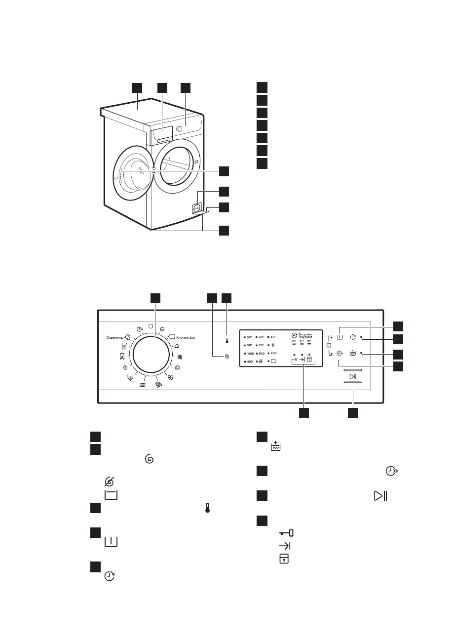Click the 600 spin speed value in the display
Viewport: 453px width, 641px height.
click(273, 354)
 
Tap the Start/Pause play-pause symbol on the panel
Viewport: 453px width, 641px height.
click(352, 377)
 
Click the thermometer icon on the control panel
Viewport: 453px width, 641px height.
click(227, 341)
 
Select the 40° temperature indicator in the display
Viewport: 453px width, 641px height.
click(273, 337)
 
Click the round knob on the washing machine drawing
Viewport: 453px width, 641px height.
click(178, 128)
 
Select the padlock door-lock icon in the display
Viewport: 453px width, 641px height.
click(309, 360)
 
